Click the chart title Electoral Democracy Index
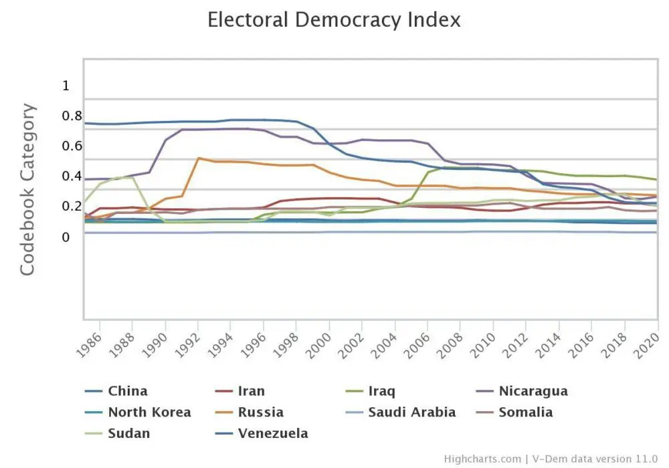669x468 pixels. (x=334, y=19)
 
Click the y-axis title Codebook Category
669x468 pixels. (x=27, y=189)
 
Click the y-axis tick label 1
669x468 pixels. (x=66, y=86)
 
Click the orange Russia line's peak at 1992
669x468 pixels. (x=199, y=158)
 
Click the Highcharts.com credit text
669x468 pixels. (x=483, y=459)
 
